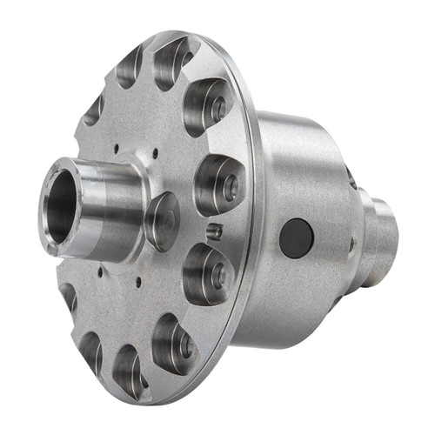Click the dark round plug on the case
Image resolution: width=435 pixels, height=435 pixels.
coord(297,238)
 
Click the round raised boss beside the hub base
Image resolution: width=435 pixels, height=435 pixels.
coord(162,221)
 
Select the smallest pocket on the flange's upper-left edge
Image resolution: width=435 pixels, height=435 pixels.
coord(94,110)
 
